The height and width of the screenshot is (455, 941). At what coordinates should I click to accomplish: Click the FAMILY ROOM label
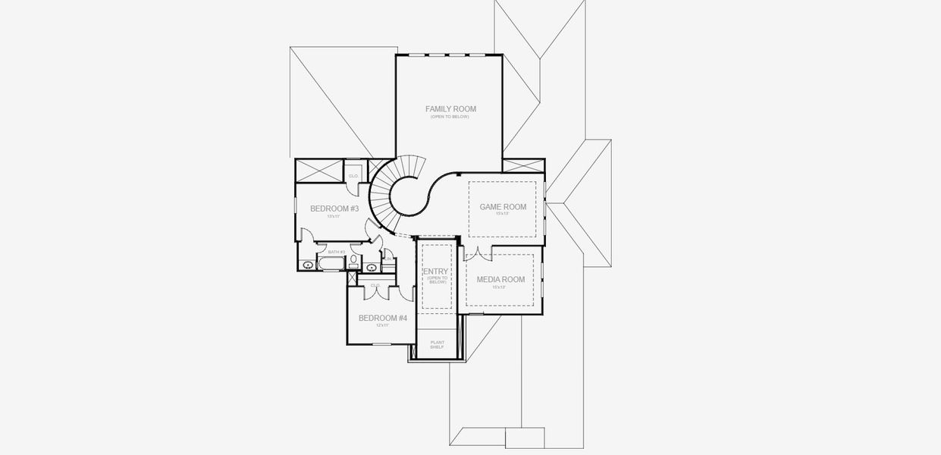[450, 109]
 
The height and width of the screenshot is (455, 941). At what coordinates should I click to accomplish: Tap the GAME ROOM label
[503, 207]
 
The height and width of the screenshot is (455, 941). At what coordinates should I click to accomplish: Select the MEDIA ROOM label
[500, 280]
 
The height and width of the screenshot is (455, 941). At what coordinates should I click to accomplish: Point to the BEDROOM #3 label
[334, 209]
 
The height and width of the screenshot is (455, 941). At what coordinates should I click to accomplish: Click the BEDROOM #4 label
[383, 318]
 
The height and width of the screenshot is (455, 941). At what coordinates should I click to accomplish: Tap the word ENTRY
[436, 271]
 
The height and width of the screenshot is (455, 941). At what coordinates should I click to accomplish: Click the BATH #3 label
[337, 252]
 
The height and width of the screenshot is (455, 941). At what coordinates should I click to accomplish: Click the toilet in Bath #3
[353, 260]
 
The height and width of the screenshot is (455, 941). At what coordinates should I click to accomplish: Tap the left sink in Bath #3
[308, 265]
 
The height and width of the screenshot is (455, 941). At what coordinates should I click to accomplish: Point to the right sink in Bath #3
[372, 267]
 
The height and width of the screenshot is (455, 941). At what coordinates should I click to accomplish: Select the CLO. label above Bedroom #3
[353, 176]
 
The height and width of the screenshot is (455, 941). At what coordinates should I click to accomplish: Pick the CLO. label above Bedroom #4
[375, 285]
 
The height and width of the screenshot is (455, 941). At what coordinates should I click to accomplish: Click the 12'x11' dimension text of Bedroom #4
[383, 325]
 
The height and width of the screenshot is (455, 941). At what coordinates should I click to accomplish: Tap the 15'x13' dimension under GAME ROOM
[503, 214]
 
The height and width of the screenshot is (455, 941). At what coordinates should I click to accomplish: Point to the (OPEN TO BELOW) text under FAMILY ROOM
[450, 117]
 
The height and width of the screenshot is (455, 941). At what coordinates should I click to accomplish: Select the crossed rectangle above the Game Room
[523, 166]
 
